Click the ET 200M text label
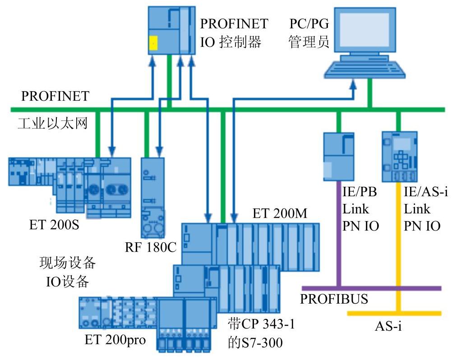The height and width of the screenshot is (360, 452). coord(280,213)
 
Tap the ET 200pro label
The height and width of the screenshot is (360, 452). coord(115,339)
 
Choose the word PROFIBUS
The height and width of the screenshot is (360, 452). coord(334,299)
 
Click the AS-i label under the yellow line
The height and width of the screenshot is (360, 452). coord(388,326)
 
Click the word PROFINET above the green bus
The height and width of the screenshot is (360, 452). coord(55,96)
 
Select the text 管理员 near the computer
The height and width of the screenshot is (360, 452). coord(309,42)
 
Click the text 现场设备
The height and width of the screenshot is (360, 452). coord(68,263)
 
